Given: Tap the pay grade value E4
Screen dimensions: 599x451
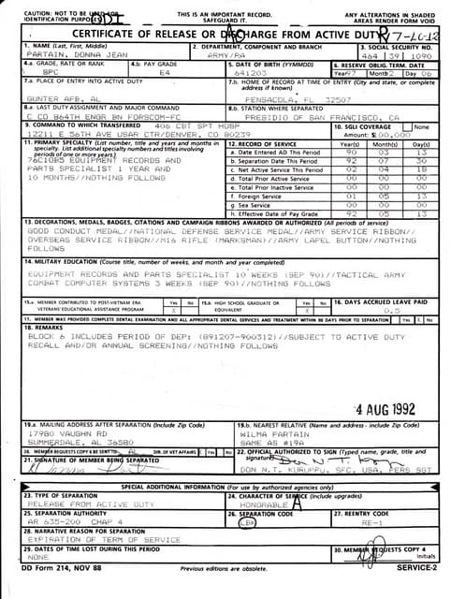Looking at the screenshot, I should [x=165, y=71].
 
